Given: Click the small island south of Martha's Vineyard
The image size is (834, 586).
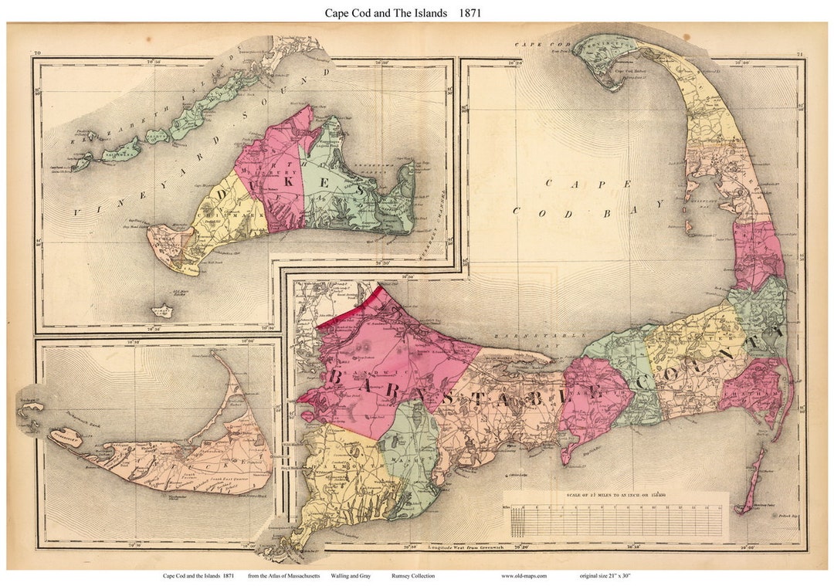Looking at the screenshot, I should pyautogui.click(x=162, y=312).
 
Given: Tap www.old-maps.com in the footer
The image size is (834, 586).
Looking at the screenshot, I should pyautogui.click(x=524, y=576).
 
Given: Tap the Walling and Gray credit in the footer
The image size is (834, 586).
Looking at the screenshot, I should pyautogui.click(x=348, y=576).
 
